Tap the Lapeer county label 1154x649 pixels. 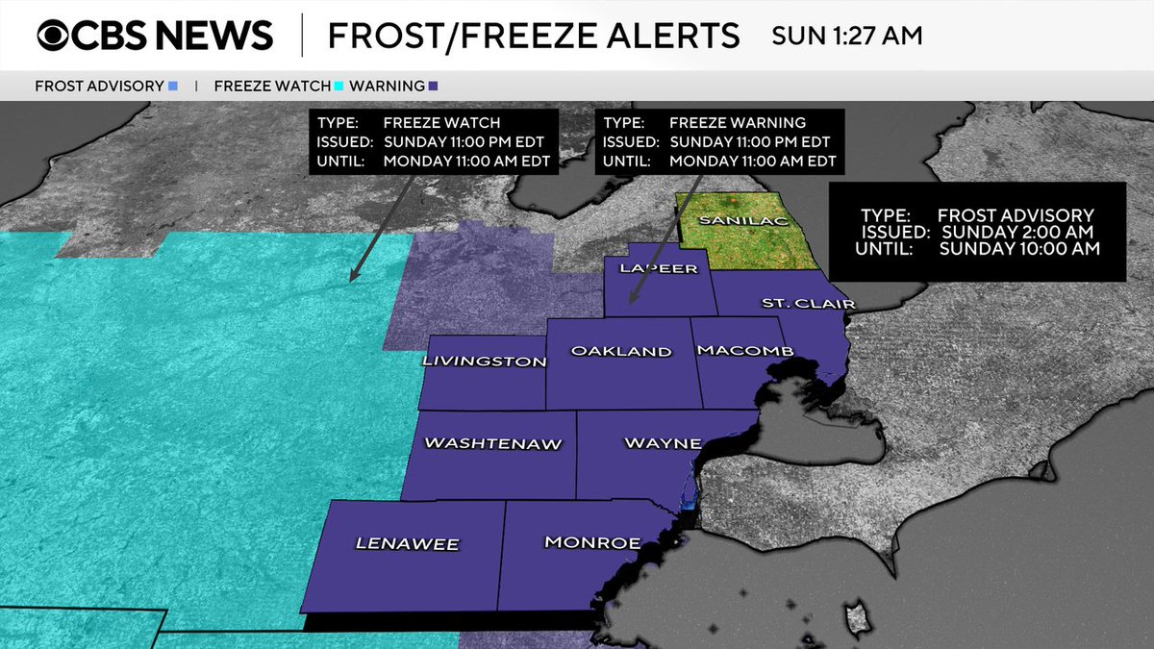pos(659,269)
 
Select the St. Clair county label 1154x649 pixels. pos(794,305)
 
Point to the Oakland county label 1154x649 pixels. pos(621,352)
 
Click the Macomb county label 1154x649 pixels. pos(745,351)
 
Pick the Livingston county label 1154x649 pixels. pos(485,362)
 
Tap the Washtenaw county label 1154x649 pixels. pos(492,444)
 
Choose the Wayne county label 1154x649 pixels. pos(663,444)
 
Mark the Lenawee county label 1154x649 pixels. pos(408,544)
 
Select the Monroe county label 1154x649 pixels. pos(592,543)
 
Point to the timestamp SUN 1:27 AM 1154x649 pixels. pos(846,37)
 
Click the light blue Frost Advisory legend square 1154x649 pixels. pos(173,87)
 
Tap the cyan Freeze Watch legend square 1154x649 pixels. pos(339,87)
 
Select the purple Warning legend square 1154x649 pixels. pos(434,87)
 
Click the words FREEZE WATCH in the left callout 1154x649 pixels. pos(441,123)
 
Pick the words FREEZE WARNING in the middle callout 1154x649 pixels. pos(738,123)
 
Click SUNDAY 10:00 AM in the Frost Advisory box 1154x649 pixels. pos(1019,249)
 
